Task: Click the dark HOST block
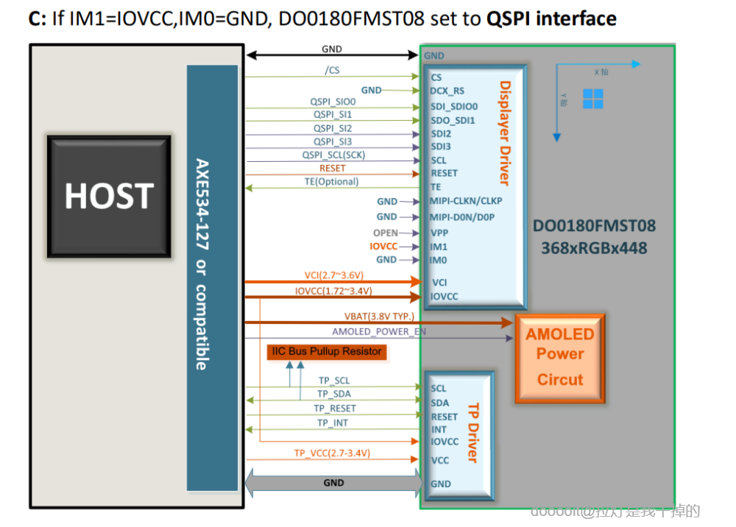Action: click(x=109, y=196)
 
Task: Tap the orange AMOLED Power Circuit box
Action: click(x=560, y=357)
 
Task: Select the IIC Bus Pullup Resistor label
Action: click(x=327, y=352)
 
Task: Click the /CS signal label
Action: click(x=332, y=71)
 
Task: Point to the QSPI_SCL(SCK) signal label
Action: click(x=333, y=155)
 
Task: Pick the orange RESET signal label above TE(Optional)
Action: click(x=333, y=169)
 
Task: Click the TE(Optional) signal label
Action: click(x=332, y=182)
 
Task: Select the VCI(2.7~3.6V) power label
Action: click(x=334, y=275)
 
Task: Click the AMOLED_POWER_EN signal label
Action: click(x=379, y=332)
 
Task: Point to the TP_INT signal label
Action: click(x=333, y=422)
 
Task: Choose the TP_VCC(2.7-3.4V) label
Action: click(x=332, y=453)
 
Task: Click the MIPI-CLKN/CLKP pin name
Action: click(x=466, y=201)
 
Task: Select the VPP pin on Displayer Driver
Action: click(x=439, y=233)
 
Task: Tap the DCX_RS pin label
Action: click(x=447, y=91)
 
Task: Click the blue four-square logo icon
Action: click(x=593, y=99)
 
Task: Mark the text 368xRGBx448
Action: click(x=595, y=248)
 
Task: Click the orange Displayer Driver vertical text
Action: click(x=505, y=132)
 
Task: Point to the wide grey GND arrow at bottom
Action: click(x=333, y=484)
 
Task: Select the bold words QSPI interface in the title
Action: click(x=551, y=18)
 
